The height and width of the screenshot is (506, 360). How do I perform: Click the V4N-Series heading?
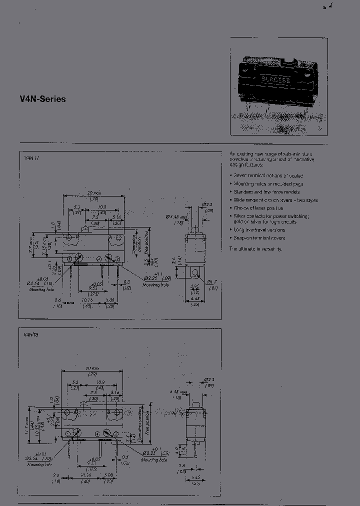click(42, 99)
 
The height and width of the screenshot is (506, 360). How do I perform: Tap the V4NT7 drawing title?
click(31, 158)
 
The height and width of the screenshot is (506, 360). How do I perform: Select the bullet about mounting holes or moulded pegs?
click(268, 183)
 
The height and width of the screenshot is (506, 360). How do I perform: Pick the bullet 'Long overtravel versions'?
click(259, 230)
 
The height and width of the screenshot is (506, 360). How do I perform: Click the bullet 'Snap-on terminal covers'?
click(259, 238)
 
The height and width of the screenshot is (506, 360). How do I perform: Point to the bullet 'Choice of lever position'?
click(258, 208)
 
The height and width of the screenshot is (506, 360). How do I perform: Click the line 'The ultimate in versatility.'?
click(256, 248)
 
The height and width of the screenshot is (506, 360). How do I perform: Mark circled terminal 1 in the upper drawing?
click(69, 258)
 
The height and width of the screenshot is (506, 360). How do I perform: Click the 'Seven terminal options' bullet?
click(268, 175)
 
